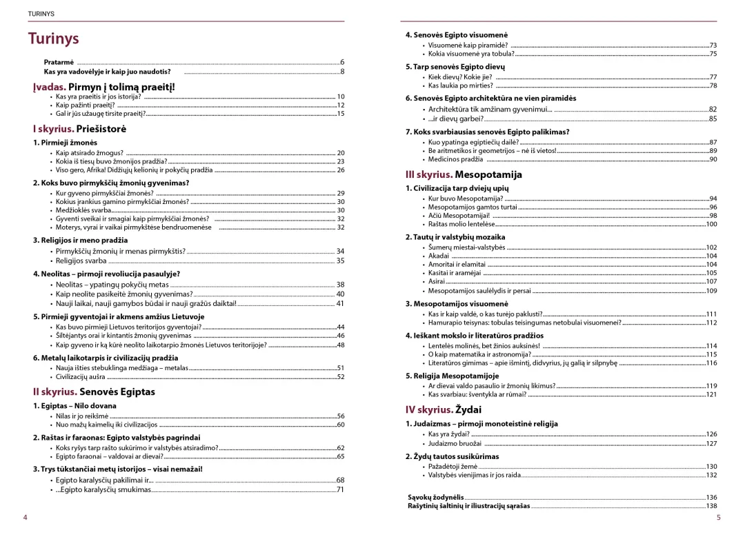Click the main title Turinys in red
[x=54, y=39]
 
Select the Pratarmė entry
[x=59, y=62]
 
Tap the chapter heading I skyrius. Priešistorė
[x=79, y=128]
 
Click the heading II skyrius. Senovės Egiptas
[x=94, y=391]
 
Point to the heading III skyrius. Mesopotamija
[x=464, y=175]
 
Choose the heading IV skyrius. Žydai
[x=443, y=409]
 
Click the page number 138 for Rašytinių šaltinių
[x=711, y=506]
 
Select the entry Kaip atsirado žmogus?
[x=90, y=152]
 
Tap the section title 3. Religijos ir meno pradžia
[x=80, y=240]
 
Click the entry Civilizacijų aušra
[x=81, y=377]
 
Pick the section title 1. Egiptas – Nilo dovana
[x=74, y=406]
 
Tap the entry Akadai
[x=439, y=256]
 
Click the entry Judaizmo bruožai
[x=456, y=443]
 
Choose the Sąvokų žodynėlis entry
[x=435, y=497]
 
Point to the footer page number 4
[x=25, y=518]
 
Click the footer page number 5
[x=718, y=518]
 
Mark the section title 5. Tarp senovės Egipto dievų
[x=455, y=67]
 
